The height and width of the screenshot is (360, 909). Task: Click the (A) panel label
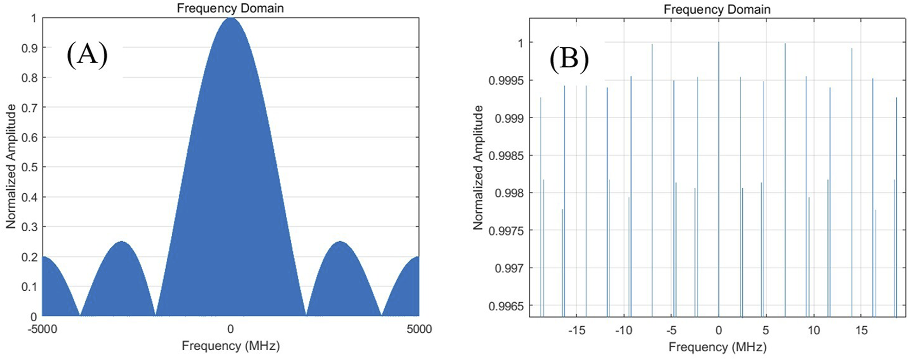pyautogui.click(x=87, y=54)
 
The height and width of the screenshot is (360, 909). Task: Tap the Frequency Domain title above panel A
pyautogui.click(x=230, y=8)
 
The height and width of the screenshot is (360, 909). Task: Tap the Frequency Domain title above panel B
pyautogui.click(x=717, y=9)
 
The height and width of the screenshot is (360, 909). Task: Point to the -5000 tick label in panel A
pyautogui.click(x=42, y=329)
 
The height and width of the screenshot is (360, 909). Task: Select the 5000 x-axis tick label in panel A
pyautogui.click(x=419, y=329)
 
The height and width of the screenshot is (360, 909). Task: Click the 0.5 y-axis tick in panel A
pyautogui.click(x=30, y=167)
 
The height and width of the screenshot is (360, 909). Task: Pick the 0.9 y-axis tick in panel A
pyautogui.click(x=30, y=48)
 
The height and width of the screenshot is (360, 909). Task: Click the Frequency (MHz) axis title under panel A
pyautogui.click(x=230, y=346)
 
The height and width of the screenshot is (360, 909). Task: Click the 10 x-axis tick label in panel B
pyautogui.click(x=814, y=330)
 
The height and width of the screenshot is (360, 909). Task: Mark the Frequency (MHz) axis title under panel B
pyautogui.click(x=717, y=347)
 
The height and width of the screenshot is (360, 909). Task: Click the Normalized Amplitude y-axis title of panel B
pyautogui.click(x=478, y=167)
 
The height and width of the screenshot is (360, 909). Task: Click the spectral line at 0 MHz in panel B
pyautogui.click(x=719, y=179)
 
